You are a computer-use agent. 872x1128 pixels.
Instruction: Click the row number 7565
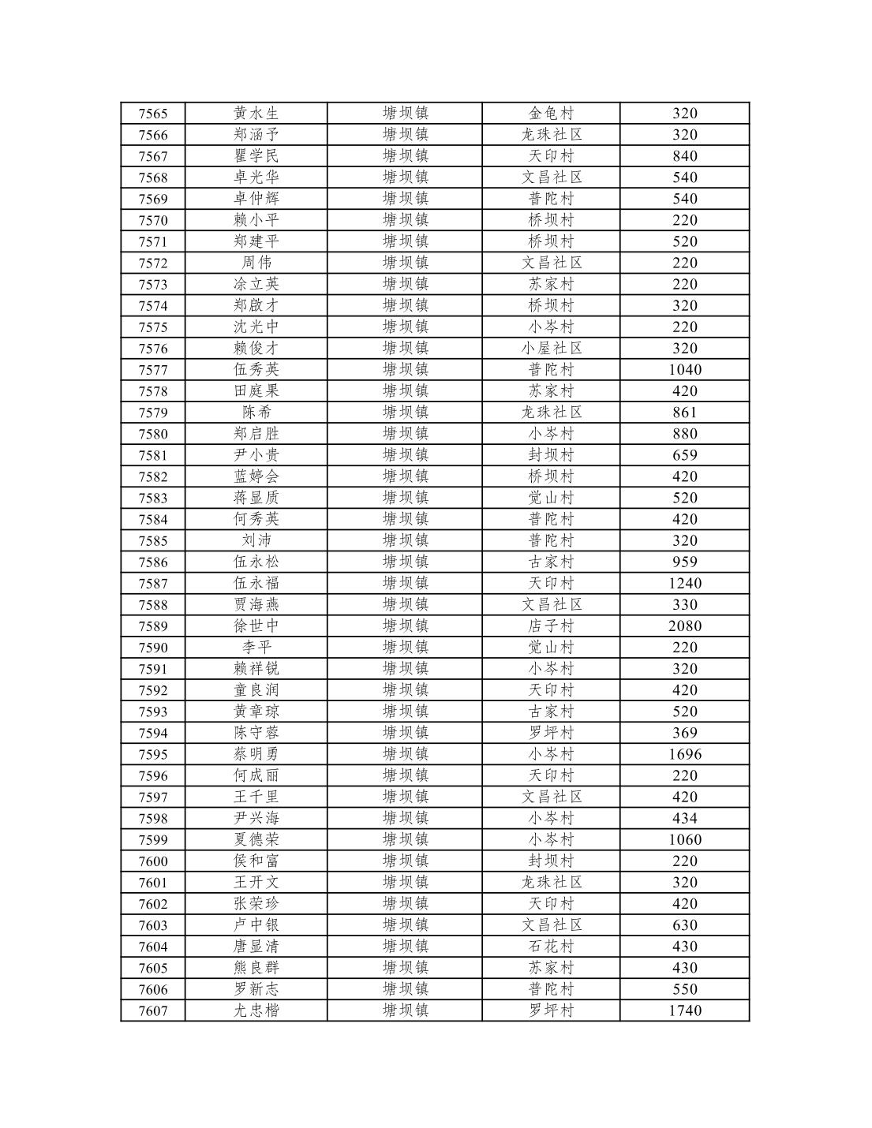click(153, 114)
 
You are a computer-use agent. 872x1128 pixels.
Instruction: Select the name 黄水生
click(256, 114)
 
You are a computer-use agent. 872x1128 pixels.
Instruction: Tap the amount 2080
click(684, 626)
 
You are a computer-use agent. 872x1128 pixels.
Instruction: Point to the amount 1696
click(684, 755)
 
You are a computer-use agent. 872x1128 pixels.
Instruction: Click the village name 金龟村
click(551, 114)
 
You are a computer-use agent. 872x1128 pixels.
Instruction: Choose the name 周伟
click(256, 263)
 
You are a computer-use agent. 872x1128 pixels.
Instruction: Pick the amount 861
click(684, 413)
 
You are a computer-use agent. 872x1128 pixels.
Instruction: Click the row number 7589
click(153, 626)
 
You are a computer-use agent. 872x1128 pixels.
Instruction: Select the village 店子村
click(551, 626)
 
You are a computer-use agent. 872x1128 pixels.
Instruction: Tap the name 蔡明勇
click(256, 755)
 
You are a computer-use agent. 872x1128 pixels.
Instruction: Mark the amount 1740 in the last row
click(684, 1011)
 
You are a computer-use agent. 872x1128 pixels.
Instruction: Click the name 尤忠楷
click(256, 1011)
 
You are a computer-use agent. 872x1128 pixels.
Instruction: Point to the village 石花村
click(551, 947)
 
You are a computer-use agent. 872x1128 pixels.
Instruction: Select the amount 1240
click(684, 584)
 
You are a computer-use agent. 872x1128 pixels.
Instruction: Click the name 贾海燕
click(256, 605)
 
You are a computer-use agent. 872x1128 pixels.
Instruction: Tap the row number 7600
click(153, 861)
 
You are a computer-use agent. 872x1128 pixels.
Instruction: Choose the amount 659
click(684, 455)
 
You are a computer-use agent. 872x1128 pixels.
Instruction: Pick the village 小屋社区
click(551, 349)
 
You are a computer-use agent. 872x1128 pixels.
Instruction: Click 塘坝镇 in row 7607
click(405, 1011)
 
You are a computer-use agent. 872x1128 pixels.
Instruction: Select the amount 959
click(684, 562)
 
